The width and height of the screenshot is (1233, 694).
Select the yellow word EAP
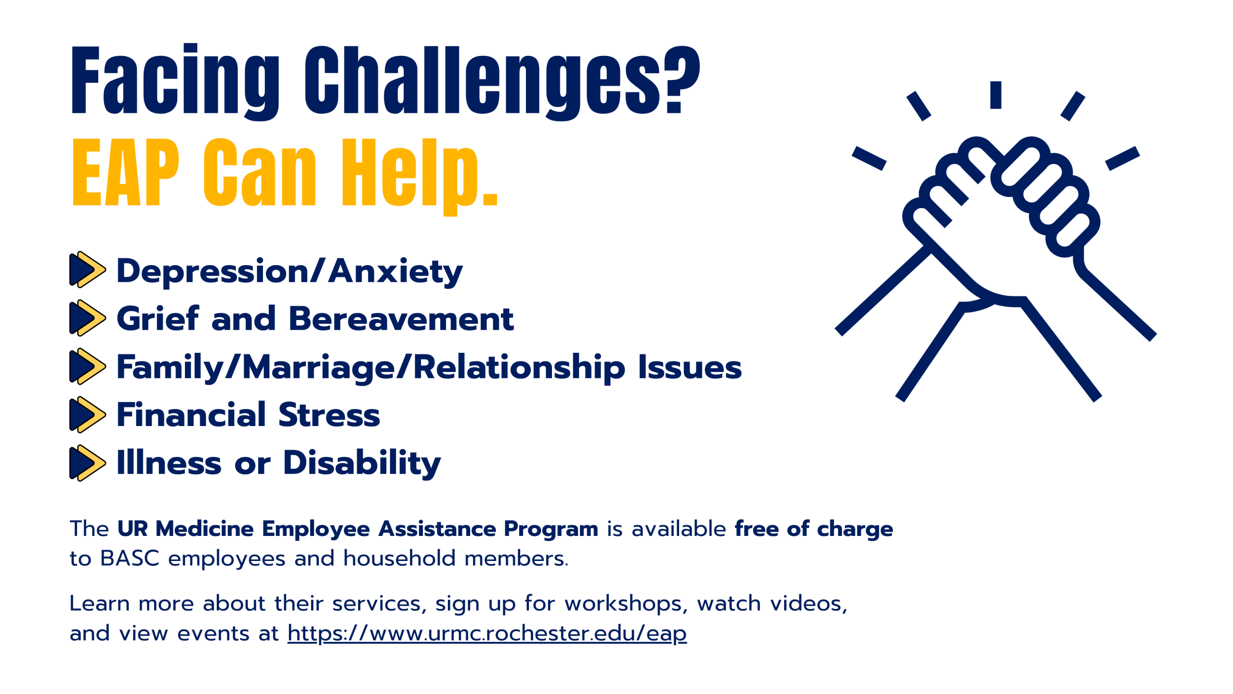[x=125, y=172]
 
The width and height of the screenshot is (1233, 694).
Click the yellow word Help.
[x=420, y=176]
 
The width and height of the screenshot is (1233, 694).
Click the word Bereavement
[x=401, y=319]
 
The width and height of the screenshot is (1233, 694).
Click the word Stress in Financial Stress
[x=329, y=415]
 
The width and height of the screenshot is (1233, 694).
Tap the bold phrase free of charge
[x=814, y=529]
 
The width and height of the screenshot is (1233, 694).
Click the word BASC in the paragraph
[x=130, y=559]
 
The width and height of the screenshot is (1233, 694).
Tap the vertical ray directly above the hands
[x=996, y=95]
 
